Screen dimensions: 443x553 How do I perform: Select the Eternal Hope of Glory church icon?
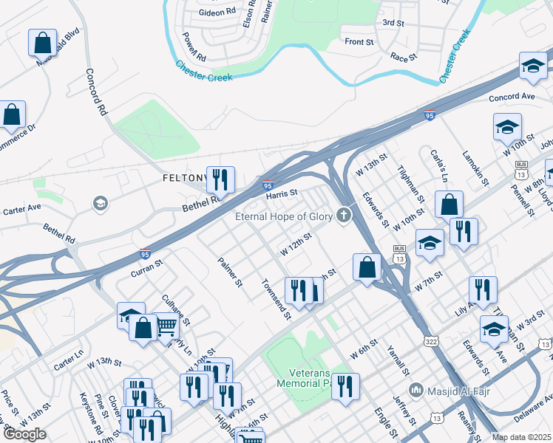[x=342, y=216]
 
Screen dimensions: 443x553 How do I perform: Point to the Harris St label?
[x=282, y=193]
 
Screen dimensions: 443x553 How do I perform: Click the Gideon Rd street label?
[x=216, y=13]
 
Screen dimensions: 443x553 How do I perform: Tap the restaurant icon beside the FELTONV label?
[x=220, y=179]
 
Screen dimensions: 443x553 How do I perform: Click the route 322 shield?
[x=430, y=340]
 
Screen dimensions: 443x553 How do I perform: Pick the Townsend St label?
[x=275, y=299]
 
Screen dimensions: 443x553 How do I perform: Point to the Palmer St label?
[x=230, y=272]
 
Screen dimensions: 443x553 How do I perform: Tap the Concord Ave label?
[x=511, y=97]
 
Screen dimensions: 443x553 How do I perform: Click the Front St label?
[x=359, y=42]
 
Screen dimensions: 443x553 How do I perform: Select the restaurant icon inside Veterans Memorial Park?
[x=345, y=385]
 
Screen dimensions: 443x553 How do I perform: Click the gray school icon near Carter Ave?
[x=100, y=203]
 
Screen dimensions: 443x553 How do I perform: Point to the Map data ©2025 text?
[x=522, y=437]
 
